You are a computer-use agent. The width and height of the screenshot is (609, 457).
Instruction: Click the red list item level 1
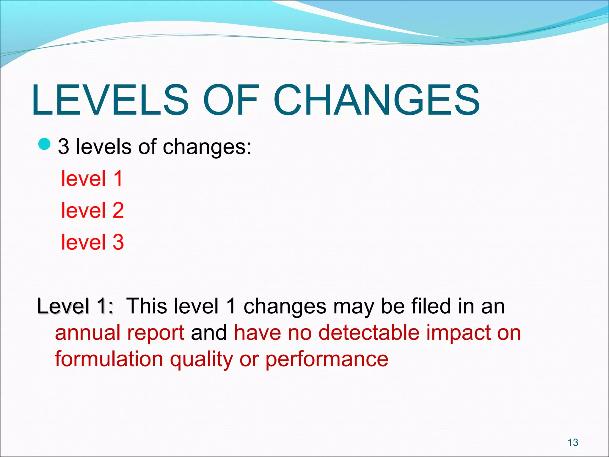[x=92, y=179]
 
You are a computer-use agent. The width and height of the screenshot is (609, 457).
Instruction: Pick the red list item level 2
[x=92, y=210]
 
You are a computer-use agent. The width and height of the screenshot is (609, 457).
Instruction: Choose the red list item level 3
[x=92, y=242]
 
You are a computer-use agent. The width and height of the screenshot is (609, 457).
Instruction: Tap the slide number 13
[x=573, y=442]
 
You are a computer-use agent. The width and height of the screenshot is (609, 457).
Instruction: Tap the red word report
[x=156, y=333]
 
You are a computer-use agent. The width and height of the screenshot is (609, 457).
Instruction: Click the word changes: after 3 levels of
[x=207, y=147]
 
